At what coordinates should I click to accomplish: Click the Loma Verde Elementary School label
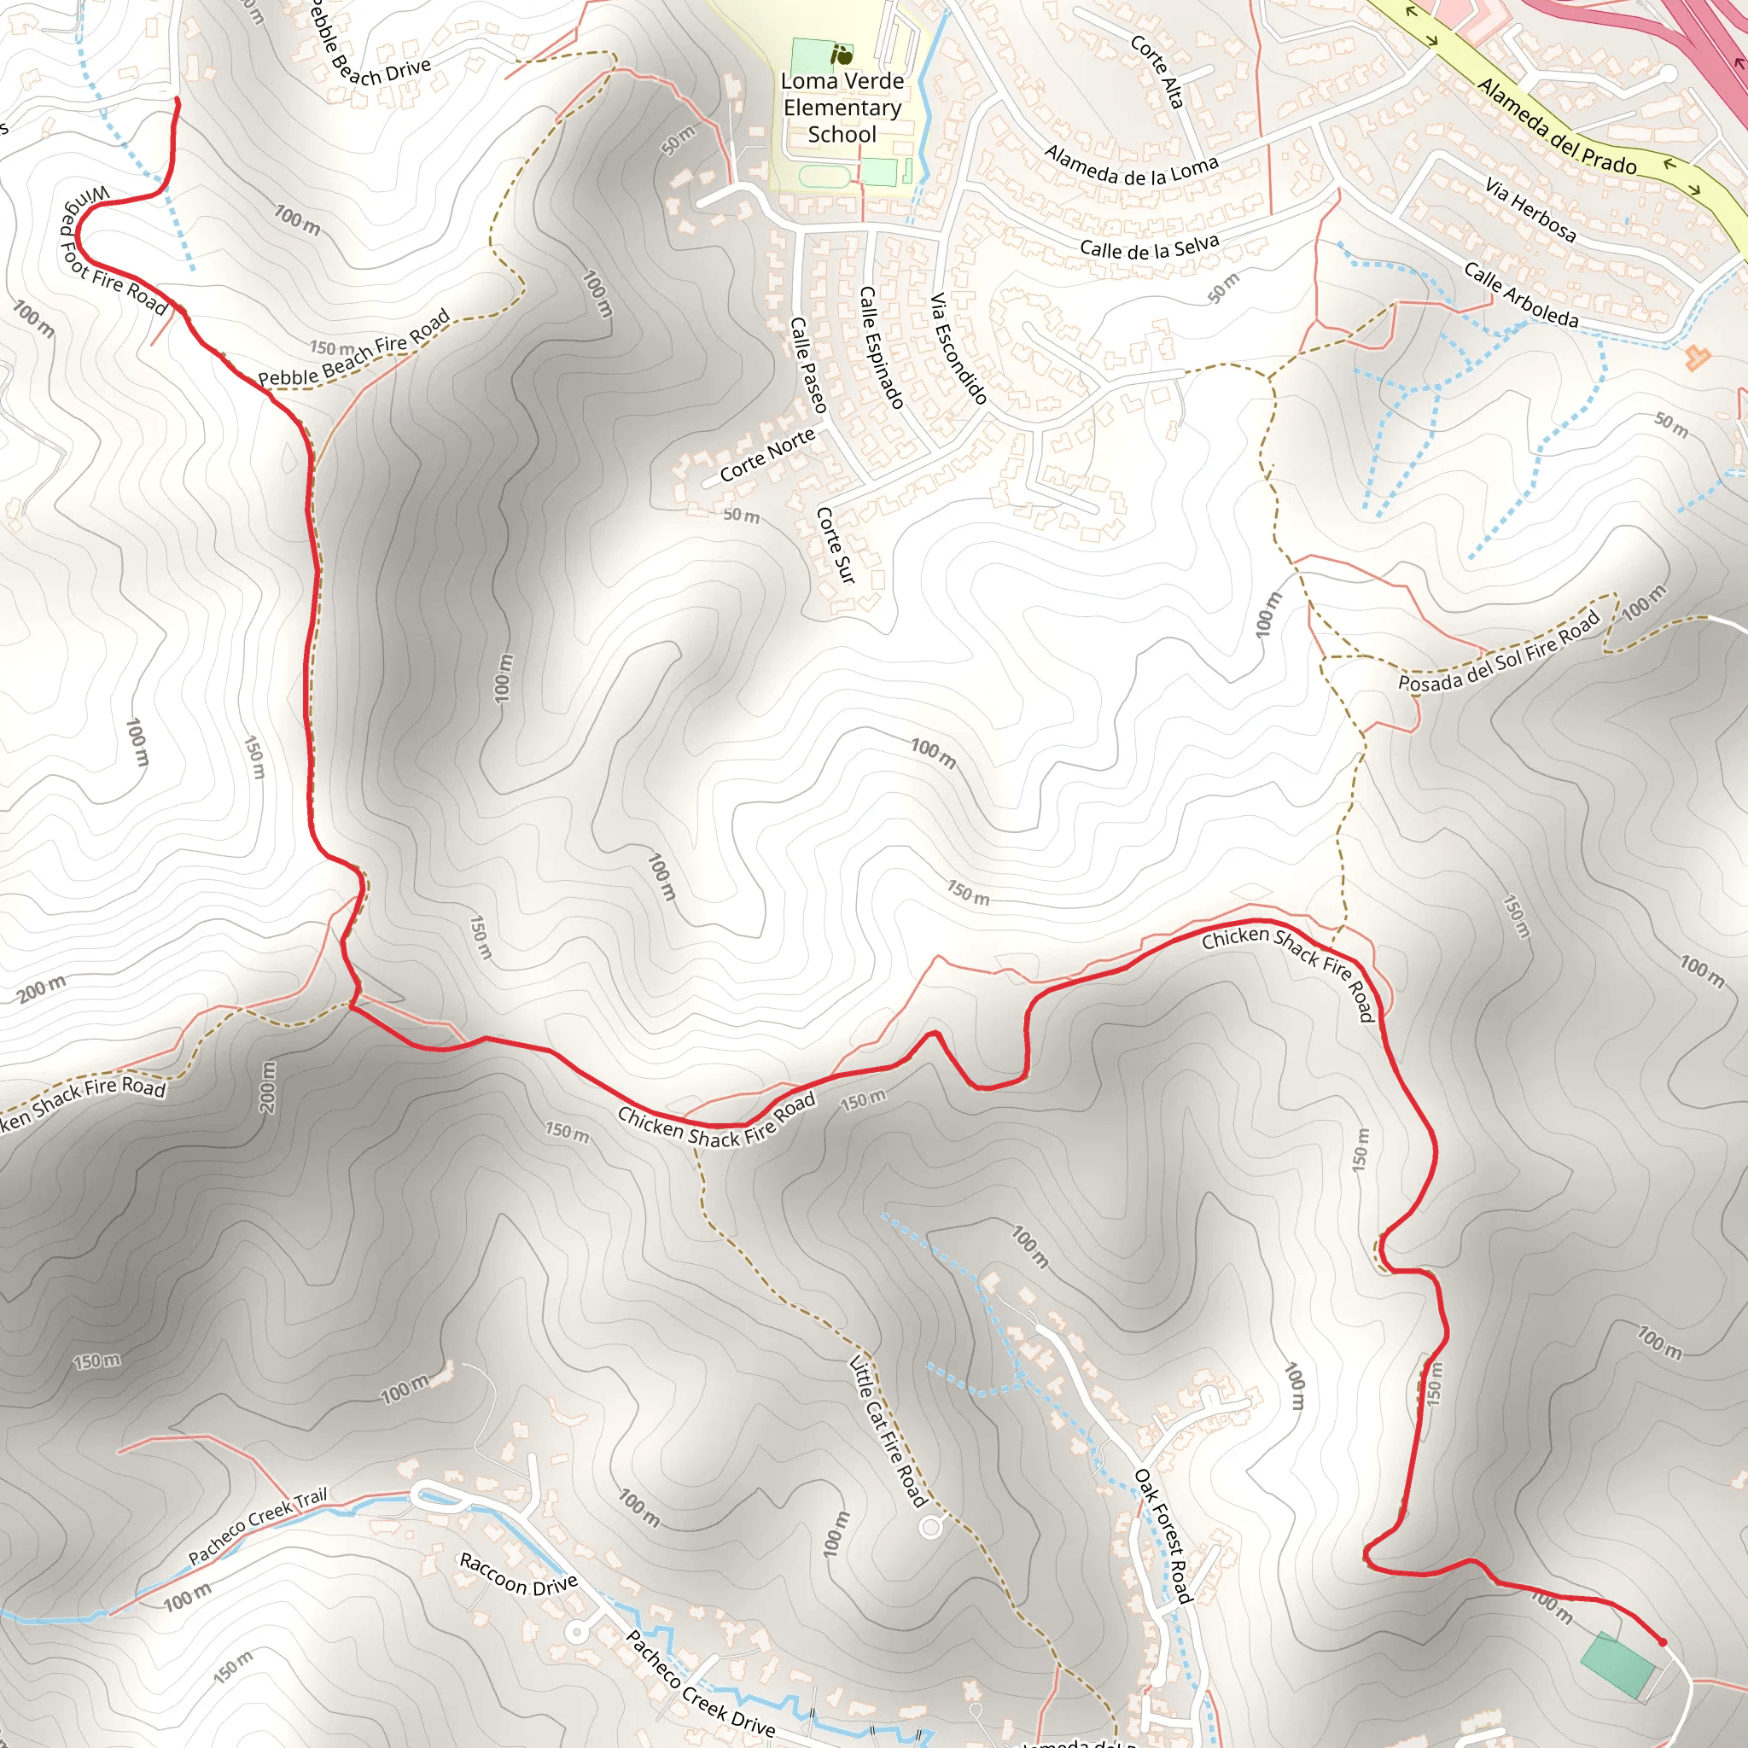coord(842,108)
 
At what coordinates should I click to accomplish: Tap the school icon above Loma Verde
coord(842,55)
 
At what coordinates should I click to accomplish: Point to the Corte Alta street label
coord(1157,72)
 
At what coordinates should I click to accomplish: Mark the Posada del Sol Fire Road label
coord(1499,651)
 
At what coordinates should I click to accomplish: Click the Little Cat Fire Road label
coord(888,1430)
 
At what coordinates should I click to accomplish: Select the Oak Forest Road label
coord(1163,1535)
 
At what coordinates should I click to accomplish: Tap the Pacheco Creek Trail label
coord(258,1525)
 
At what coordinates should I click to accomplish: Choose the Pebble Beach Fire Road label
coord(355,348)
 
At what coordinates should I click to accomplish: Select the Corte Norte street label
coord(767,455)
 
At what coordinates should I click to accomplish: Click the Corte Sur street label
coord(835,545)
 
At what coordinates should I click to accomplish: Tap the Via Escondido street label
coord(958,348)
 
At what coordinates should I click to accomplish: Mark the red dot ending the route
coord(1662,1641)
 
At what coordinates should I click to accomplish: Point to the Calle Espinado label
coord(881,347)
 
